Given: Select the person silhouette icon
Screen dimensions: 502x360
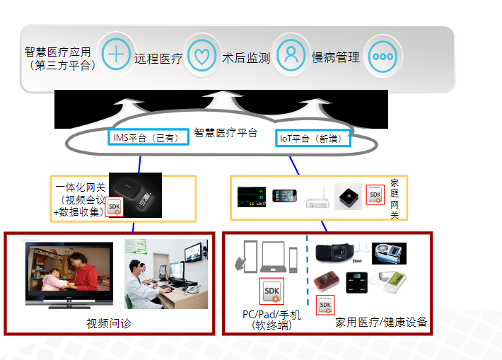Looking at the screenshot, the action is pyautogui.click(x=291, y=55).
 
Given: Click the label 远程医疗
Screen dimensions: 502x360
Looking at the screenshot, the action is pyautogui.click(x=158, y=59).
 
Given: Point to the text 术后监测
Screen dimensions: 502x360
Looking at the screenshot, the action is pyautogui.click(x=246, y=58).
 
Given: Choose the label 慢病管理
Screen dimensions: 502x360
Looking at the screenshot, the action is pyautogui.click(x=336, y=58).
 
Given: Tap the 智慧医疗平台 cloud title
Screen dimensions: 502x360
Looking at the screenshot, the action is pyautogui.click(x=226, y=132).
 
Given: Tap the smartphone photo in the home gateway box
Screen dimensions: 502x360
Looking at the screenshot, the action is pyautogui.click(x=284, y=196).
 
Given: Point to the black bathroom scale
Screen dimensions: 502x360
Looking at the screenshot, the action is pyautogui.click(x=356, y=282).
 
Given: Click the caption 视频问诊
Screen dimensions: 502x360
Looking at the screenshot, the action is pyautogui.click(x=109, y=323).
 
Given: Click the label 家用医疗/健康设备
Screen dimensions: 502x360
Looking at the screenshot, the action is pyautogui.click(x=381, y=322).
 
